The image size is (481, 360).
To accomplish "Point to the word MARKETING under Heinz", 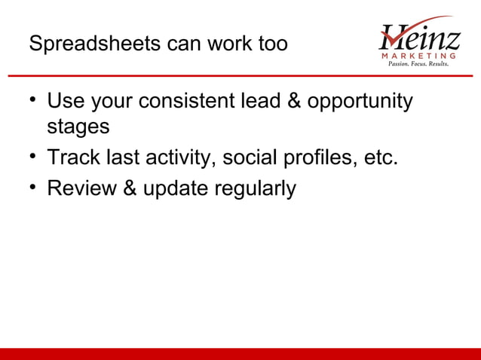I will coord(419,56).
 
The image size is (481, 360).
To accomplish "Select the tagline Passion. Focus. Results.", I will coord(418,65).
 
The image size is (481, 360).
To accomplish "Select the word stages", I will coord(78,127).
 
